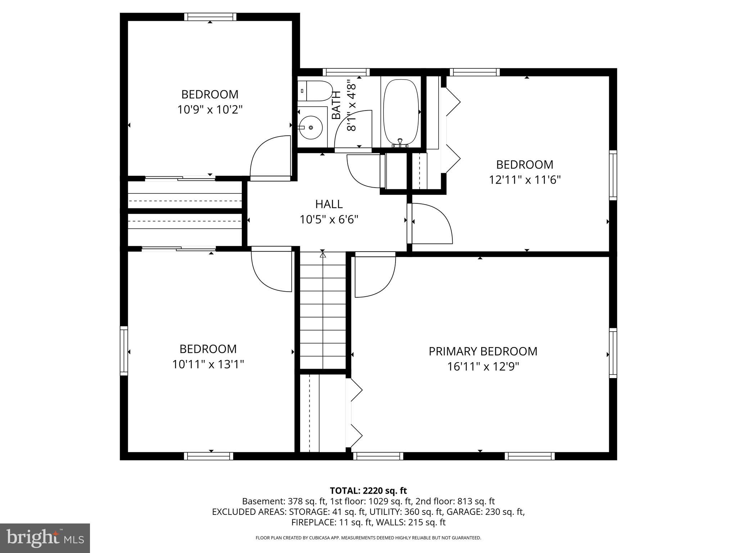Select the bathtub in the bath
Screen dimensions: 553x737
401,112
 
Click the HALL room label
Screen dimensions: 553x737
329,204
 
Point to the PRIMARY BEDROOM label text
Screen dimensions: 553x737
483,351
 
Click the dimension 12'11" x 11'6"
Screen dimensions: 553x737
524,180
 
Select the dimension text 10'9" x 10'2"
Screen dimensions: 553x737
210,109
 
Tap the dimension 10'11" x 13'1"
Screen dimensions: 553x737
208,364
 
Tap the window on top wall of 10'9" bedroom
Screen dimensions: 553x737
210,17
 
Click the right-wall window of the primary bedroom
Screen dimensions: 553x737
613,353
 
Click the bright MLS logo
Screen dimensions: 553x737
45,538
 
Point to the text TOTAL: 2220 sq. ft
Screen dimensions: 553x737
368,490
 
